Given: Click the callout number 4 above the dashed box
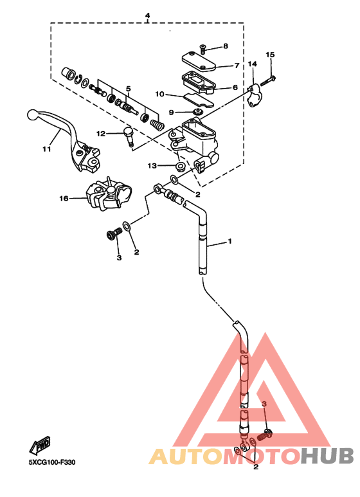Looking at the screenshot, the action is point(147,15).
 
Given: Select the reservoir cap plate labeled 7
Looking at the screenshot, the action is point(199,62).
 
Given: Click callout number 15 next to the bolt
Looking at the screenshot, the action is point(270,55).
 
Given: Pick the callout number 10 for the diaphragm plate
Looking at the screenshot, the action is point(159,94).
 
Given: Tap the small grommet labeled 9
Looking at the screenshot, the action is point(199,112).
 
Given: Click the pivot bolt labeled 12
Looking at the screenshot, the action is point(128,136).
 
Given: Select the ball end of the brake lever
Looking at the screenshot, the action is point(33,114).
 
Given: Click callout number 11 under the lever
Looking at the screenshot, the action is point(46,149).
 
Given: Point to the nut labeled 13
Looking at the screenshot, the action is point(181,166).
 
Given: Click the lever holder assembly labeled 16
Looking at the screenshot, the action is point(109,194).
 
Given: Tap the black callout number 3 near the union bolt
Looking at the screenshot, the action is point(119,258).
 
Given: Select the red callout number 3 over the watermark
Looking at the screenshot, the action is point(264,404).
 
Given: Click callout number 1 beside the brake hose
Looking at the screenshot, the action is point(230,241).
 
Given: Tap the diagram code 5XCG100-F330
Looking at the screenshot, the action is point(52,462).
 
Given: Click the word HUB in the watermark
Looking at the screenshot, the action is point(327,456).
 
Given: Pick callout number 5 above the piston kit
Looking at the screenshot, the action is point(128,89).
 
